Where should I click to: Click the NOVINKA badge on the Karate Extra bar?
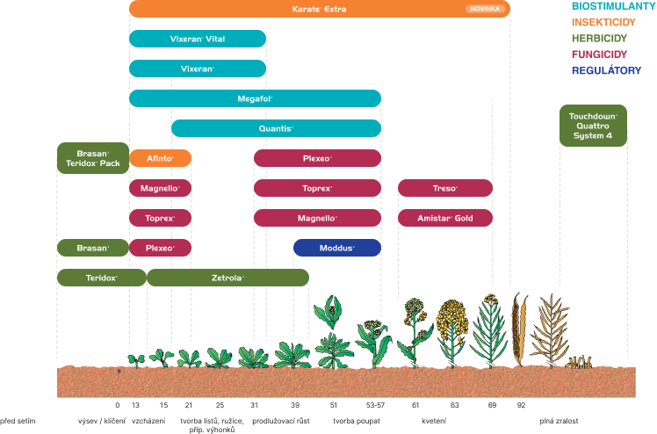485,9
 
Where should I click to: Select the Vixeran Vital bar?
198,39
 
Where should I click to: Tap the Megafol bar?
256,98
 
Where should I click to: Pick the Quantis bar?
276,128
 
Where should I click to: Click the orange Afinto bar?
160,158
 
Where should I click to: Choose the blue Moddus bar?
337,248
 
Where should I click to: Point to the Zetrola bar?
228,278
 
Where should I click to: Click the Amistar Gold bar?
445,218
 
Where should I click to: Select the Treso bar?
445,188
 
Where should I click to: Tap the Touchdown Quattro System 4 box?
593,126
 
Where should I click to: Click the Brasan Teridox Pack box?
93,158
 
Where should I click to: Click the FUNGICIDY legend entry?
599,54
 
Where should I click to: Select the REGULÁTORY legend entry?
606,70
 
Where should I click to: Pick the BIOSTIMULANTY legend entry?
613,6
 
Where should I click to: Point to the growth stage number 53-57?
375,405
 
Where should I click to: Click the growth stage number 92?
521,405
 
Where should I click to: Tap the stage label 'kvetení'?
434,421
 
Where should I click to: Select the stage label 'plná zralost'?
559,421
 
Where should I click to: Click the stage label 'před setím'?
18,421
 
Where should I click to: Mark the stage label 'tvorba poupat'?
357,421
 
